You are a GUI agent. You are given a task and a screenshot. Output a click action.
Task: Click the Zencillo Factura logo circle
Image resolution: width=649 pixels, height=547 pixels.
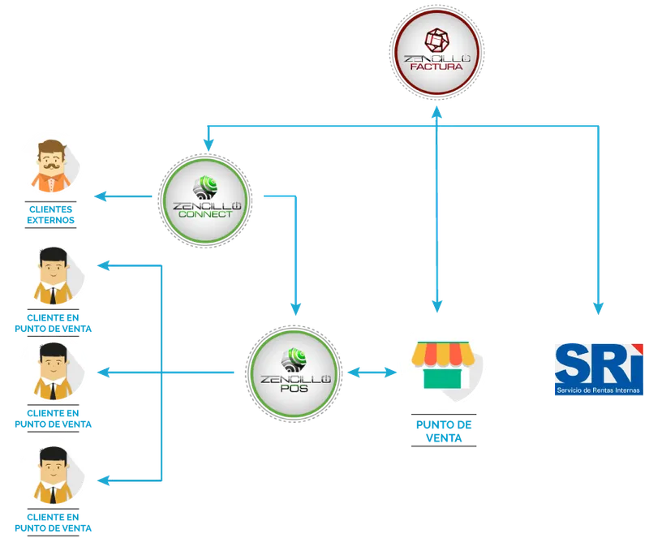tap(436, 52)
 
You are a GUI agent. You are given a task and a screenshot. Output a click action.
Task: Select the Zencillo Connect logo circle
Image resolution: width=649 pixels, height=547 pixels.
tap(205, 200)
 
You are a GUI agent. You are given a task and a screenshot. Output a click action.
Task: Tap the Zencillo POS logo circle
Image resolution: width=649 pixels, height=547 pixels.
tap(294, 374)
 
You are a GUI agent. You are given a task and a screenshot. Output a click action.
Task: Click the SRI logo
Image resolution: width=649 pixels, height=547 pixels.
tap(599, 369)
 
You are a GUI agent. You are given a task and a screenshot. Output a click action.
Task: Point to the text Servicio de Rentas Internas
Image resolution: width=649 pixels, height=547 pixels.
tap(598, 390)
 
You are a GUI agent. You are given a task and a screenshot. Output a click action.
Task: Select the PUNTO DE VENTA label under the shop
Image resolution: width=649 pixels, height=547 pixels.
tap(444, 431)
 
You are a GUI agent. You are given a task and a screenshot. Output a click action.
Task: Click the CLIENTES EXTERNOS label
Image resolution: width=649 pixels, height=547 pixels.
tap(50, 214)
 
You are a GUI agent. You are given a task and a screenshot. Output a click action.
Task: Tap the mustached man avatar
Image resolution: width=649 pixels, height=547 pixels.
tap(53, 166)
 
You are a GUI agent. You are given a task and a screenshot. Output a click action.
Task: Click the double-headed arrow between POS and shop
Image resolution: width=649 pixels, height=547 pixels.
tap(372, 373)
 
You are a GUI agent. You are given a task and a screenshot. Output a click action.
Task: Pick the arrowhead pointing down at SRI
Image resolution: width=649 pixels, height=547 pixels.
tap(598, 308)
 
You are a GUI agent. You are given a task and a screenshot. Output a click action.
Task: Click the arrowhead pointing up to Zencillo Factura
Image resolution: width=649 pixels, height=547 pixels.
tap(436, 112)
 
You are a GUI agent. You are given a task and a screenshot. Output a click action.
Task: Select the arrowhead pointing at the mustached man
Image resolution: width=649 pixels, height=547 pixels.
tap(100, 196)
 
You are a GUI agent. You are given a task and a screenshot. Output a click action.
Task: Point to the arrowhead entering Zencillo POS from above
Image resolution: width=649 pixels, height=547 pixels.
tap(295, 309)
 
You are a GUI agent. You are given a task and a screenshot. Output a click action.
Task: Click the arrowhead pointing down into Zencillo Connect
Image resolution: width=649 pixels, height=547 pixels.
tap(208, 145)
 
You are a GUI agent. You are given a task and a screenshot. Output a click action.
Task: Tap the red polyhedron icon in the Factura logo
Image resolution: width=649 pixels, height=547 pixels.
tap(436, 40)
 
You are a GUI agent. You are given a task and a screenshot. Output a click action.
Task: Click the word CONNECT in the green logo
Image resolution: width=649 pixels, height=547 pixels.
tap(205, 214)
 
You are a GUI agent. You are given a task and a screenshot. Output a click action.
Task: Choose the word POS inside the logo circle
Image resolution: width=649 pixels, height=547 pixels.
tap(294, 389)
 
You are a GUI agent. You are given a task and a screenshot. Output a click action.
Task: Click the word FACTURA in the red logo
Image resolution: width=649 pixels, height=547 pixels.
tap(436, 67)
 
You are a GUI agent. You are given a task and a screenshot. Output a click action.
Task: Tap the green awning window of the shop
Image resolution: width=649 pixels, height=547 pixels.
tap(442, 379)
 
